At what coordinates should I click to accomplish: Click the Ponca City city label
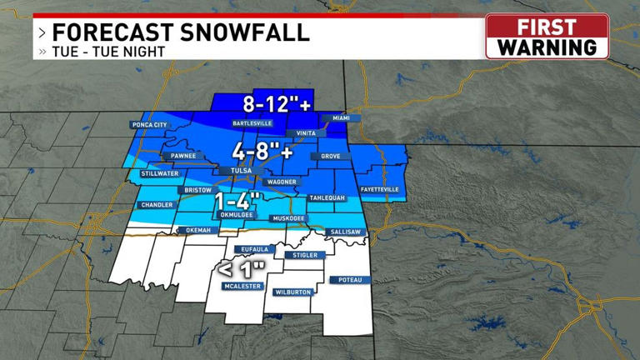point(149,125)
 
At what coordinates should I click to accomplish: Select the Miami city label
point(342,118)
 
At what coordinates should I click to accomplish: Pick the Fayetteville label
point(379,189)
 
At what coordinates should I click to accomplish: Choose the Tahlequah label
point(327,197)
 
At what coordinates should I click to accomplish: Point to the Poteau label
point(350,280)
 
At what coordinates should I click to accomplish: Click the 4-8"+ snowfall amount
point(262,152)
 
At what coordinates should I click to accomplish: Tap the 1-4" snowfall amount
point(238,202)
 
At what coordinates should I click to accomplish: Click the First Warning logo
point(547,37)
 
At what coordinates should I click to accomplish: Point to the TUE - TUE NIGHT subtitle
point(108,52)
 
